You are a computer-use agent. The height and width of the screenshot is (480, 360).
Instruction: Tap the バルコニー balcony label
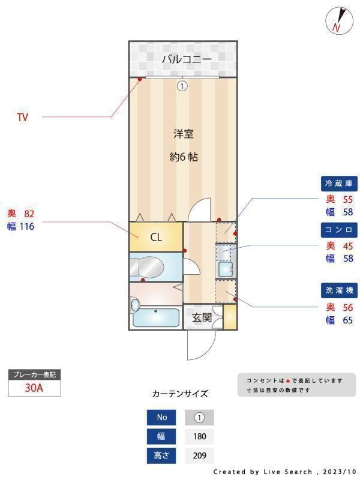click(186, 59)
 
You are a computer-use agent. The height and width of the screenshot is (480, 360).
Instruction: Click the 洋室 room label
click(184, 134)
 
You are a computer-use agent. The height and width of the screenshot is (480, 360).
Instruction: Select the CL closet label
click(156, 237)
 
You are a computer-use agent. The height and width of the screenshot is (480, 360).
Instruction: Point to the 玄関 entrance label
click(202, 318)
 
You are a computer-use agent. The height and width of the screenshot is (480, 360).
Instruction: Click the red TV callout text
click(22, 118)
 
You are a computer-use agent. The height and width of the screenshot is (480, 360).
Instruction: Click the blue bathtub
click(156, 317)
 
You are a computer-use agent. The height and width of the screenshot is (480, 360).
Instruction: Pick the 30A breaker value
click(34, 388)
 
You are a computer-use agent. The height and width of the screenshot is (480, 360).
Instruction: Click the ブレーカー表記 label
click(34, 374)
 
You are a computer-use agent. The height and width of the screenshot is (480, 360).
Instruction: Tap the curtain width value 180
click(199, 436)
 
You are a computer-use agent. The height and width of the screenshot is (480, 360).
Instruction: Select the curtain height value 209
click(199, 455)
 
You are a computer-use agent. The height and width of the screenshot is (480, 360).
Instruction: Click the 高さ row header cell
click(162, 455)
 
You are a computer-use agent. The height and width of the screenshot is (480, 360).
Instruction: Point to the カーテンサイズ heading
click(180, 394)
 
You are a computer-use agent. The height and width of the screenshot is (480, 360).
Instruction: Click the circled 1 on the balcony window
click(182, 86)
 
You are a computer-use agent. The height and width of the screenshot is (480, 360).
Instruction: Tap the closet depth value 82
click(29, 214)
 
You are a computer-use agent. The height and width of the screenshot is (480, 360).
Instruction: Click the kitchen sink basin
click(226, 269)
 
